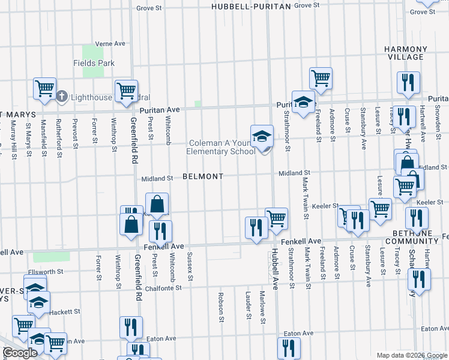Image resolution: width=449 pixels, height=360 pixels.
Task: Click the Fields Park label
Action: coord(94,63)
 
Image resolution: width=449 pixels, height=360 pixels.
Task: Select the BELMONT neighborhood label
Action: coord(203,176)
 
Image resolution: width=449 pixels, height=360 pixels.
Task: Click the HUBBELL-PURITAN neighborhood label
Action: coord(251,6)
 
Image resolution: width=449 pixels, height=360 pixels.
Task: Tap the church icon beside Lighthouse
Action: coord(62,97)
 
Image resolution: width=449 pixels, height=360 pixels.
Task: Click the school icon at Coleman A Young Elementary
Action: coord(262,137)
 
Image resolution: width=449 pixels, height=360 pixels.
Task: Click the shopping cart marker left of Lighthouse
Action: coord(44,89)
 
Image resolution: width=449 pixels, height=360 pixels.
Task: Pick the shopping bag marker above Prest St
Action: coord(157,205)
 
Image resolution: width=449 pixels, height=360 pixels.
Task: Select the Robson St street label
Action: coord(221,304)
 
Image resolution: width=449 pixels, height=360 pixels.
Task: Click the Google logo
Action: coord(19,353)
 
